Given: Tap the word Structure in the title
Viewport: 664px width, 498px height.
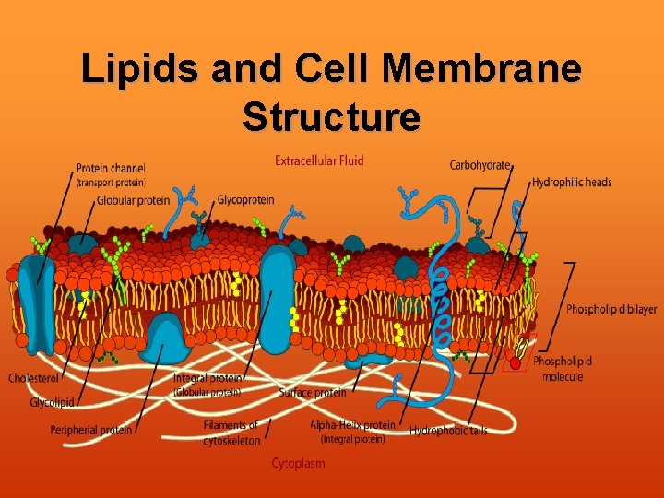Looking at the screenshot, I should point(332,117).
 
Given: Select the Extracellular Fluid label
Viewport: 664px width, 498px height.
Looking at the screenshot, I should point(319,160).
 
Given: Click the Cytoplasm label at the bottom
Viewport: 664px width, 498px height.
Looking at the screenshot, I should point(298,464).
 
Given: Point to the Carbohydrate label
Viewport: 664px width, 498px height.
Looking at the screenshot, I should point(480,165).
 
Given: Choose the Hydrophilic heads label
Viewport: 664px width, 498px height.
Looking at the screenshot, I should point(571,183).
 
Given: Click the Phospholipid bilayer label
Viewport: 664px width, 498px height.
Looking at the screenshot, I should point(611,310).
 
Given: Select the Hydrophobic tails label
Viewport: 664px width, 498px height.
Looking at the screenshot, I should point(448,431).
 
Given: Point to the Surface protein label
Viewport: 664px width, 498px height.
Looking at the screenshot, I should point(313,393).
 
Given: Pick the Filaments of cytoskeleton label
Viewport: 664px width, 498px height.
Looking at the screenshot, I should point(231,433).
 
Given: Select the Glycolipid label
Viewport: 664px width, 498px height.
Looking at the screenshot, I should point(52,403).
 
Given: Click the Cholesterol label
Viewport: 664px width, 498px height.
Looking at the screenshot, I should point(35,378).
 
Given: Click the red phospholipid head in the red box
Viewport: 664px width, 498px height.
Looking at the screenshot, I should point(515,364).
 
